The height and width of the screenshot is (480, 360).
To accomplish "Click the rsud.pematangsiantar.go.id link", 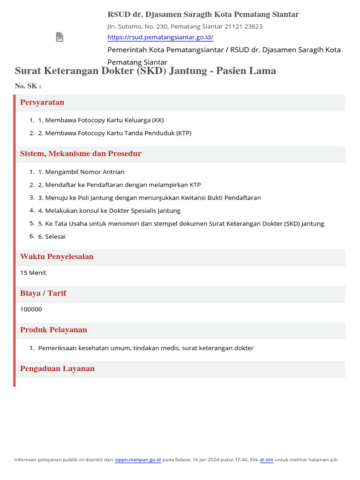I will click(x=160, y=37).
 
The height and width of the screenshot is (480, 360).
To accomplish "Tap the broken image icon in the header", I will click(x=60, y=37).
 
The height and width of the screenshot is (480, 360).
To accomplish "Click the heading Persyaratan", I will click(x=42, y=102).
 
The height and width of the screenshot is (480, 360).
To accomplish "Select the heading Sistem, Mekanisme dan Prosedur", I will click(x=81, y=154).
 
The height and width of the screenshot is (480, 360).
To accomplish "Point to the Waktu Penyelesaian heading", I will click(x=57, y=257).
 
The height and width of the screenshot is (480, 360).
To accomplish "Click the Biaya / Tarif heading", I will click(x=43, y=293).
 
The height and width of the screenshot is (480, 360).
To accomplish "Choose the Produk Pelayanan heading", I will click(x=53, y=330).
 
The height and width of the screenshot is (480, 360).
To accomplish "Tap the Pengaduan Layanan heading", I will click(x=57, y=368).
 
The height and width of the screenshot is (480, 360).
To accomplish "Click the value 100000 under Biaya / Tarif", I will click(x=31, y=309).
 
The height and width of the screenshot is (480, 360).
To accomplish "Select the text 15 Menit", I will click(x=33, y=273).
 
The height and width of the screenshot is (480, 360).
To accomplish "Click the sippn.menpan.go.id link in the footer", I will click(x=138, y=460).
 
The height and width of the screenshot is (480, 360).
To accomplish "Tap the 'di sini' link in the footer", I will click(x=267, y=460).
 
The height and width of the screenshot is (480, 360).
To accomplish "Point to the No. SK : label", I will click(x=28, y=86).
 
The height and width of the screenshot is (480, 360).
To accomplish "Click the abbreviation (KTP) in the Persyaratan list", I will click(x=184, y=133).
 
